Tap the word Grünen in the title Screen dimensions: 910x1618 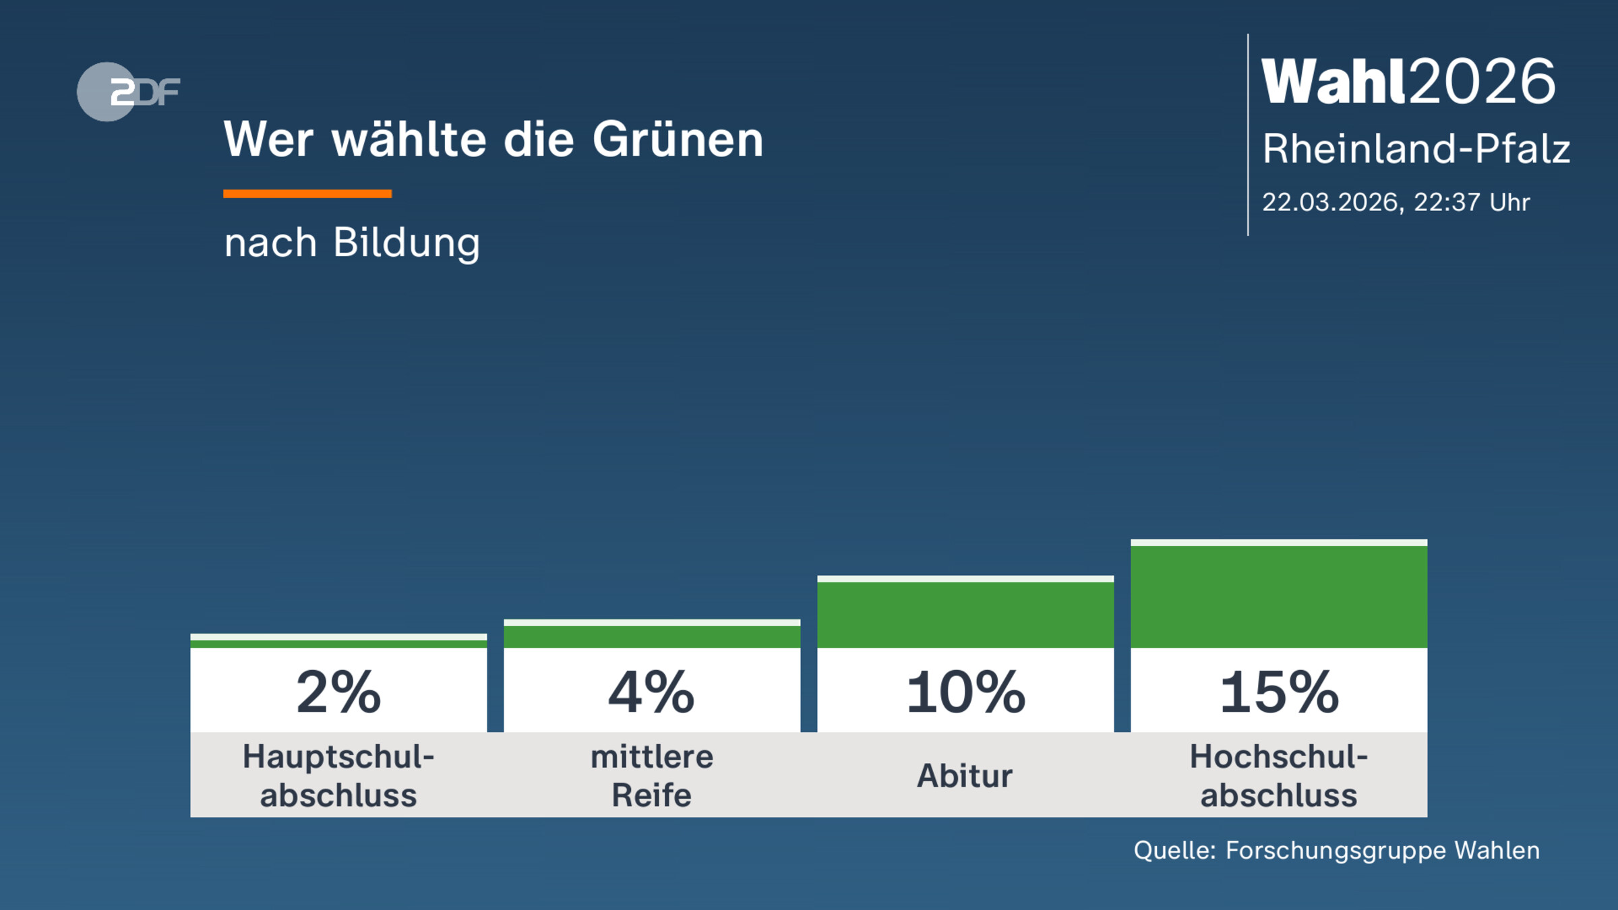coord(678,140)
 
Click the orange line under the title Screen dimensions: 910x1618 coord(307,194)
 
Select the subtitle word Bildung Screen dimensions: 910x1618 coord(407,243)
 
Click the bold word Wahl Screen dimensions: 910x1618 coord(1334,82)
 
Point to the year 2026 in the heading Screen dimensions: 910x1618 coord(1482,82)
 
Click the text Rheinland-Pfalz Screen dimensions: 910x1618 coord(1416,149)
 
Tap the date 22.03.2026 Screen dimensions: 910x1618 coord(1330,202)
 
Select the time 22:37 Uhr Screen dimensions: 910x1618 coord(1471,202)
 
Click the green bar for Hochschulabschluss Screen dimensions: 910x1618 coord(1278,597)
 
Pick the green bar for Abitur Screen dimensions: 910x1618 coord(965,615)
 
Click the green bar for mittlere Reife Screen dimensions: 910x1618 coord(651,636)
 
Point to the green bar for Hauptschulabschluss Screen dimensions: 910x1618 coord(338,644)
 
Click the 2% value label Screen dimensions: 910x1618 coord(338,692)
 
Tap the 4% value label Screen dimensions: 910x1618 coord(651,692)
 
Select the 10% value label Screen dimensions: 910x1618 coord(965,692)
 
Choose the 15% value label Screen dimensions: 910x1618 coord(1278,692)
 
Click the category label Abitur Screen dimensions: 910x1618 coord(965,776)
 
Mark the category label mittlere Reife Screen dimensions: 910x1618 coord(651,776)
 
